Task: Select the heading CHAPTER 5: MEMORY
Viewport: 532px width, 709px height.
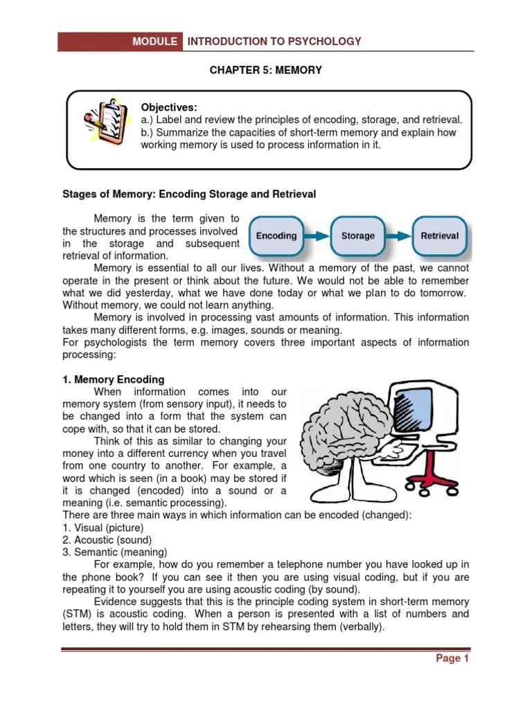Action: tap(266, 71)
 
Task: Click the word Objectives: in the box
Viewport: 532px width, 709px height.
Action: tap(169, 107)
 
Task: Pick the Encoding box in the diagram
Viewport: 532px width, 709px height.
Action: tap(276, 236)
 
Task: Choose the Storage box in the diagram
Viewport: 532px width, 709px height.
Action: tap(358, 236)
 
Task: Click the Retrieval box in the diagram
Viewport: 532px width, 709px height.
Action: tap(439, 236)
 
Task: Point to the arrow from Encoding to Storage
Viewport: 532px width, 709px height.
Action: tap(317, 236)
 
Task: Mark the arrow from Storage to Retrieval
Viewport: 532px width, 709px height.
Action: tap(399, 236)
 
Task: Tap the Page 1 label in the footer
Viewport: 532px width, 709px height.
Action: tap(452, 658)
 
